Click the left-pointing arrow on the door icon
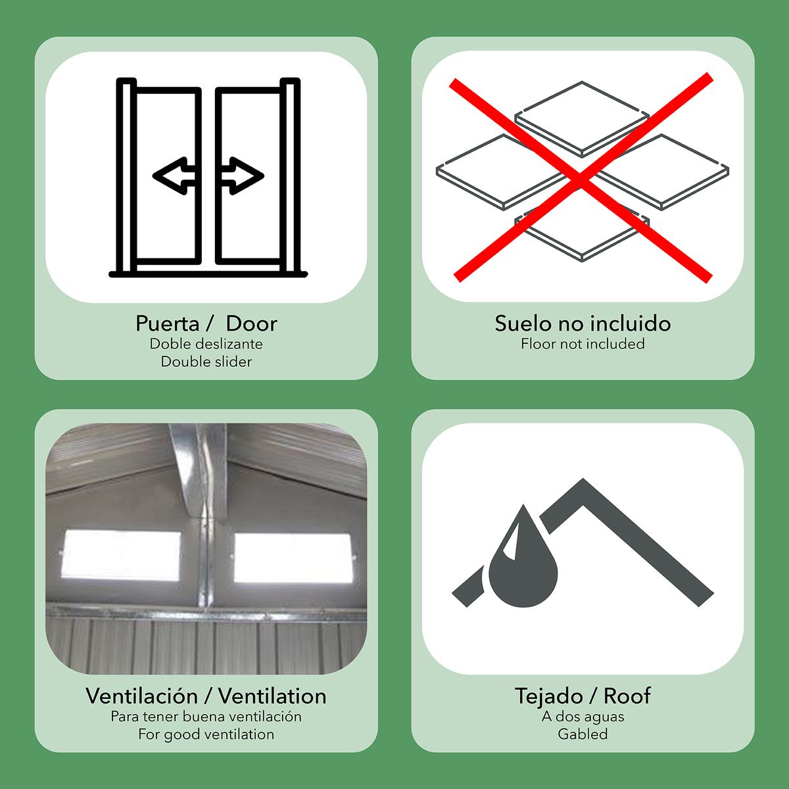[x=174, y=176]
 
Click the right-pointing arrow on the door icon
[x=243, y=176]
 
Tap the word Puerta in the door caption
[x=167, y=324]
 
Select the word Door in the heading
[x=251, y=323]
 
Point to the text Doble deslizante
[x=206, y=343]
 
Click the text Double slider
[x=206, y=362]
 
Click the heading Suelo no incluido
[x=583, y=323]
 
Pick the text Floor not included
[x=583, y=343]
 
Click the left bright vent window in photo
[x=121, y=555]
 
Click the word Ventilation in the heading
[x=272, y=696]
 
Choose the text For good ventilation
[x=206, y=734]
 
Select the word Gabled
[x=583, y=734]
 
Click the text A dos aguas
[x=583, y=717]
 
